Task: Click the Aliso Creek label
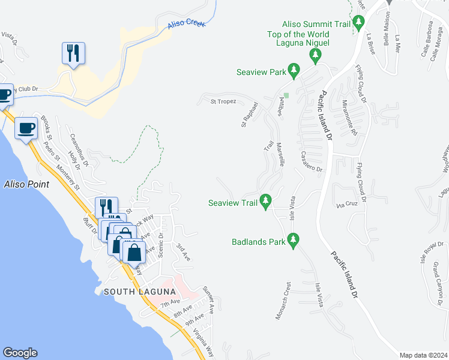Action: (x=187, y=24)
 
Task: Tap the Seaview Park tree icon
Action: (x=294, y=71)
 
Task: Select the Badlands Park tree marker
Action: (x=294, y=242)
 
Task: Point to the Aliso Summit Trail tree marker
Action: (x=359, y=23)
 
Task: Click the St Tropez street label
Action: (x=223, y=101)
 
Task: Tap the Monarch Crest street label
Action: (x=283, y=301)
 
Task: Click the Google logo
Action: (x=20, y=353)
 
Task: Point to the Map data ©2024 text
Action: (x=423, y=355)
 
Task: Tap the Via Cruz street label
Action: (x=348, y=205)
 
